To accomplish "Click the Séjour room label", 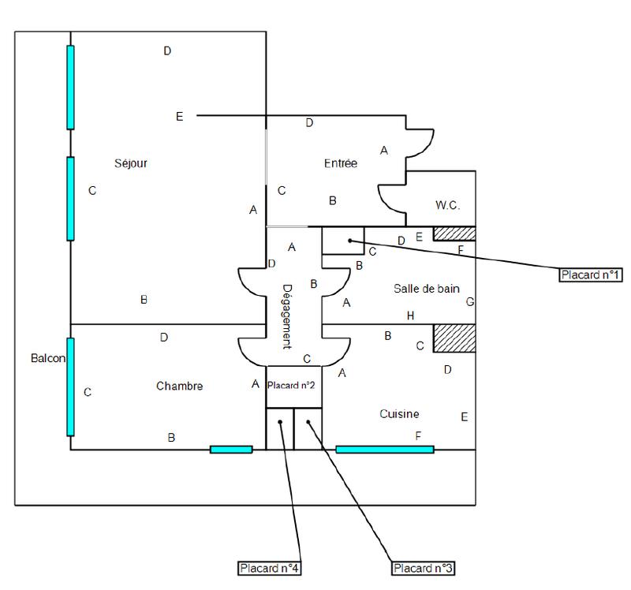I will tap(130, 163).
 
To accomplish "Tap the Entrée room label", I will tap(341, 163).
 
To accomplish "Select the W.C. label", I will tap(447, 205).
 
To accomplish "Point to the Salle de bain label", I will tap(426, 289).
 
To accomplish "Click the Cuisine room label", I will tap(399, 413).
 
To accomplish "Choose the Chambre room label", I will tap(180, 386).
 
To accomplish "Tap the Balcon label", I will tap(48, 358).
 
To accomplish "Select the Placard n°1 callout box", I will tap(591, 275).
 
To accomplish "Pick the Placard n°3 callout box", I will tap(424, 567).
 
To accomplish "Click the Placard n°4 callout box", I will tap(270, 567).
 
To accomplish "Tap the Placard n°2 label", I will tap(292, 386).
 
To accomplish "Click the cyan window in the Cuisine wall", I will tap(385, 450).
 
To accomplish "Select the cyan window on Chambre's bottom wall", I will tap(231, 450).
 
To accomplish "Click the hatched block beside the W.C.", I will tap(455, 234).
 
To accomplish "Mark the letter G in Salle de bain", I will tap(470, 301).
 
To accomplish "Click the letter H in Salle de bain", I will tap(410, 316).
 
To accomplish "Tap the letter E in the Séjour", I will tap(179, 117).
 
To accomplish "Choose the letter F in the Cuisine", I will tap(418, 435).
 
